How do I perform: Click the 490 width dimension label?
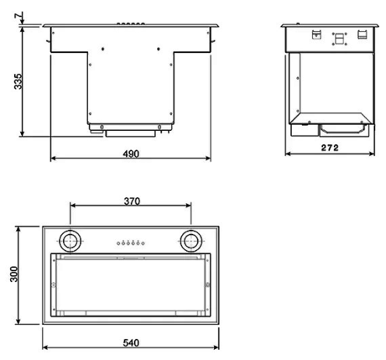[x=130, y=154]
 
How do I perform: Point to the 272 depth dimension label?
[x=330, y=148]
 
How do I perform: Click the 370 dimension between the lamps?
[x=130, y=201]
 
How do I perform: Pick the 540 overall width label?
[x=130, y=342]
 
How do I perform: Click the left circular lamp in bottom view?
[x=71, y=241]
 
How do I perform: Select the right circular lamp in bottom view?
[x=190, y=241]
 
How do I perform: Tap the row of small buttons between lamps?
[x=130, y=243]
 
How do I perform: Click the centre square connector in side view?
[x=339, y=38]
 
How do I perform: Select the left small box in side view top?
[x=316, y=35]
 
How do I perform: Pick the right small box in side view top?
[x=361, y=35]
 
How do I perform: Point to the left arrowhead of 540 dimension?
[x=45, y=348]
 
